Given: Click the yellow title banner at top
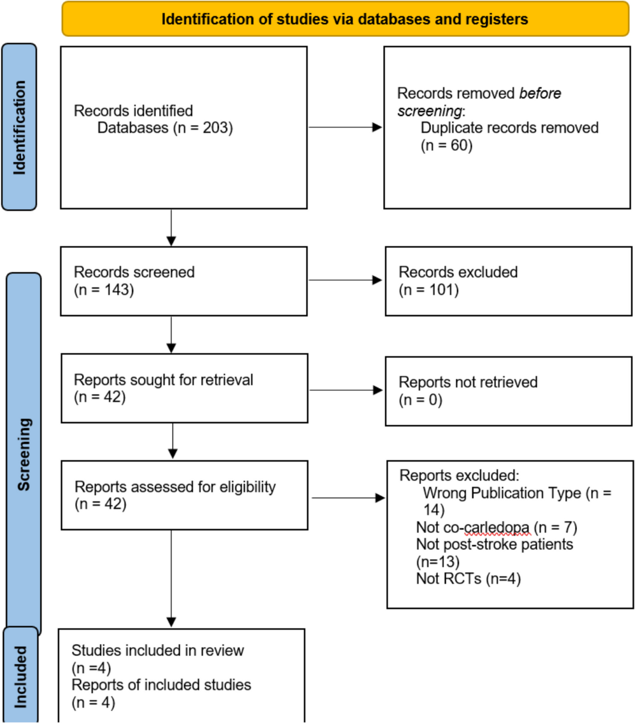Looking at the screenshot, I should coord(345,19).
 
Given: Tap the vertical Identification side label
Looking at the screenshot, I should coord(19,127).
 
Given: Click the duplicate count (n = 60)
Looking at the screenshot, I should coord(446,145).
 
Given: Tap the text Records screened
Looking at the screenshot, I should coord(134,272).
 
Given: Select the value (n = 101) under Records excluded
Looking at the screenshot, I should coord(428,290).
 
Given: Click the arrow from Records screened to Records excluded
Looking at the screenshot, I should coord(345,280).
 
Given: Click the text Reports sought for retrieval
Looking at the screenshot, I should coord(163,380).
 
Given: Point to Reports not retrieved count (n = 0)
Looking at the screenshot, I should coord(420,400).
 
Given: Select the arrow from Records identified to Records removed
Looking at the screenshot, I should coord(345,127).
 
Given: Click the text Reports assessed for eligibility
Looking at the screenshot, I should coord(175,487).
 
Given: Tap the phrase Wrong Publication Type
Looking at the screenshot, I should coord(502,493).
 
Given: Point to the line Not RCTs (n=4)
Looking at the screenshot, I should coord(468,578).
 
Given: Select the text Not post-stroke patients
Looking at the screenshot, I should coord(494,544).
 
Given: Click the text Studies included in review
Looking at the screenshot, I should coord(158,650).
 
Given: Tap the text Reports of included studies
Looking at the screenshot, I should coord(161,685).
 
